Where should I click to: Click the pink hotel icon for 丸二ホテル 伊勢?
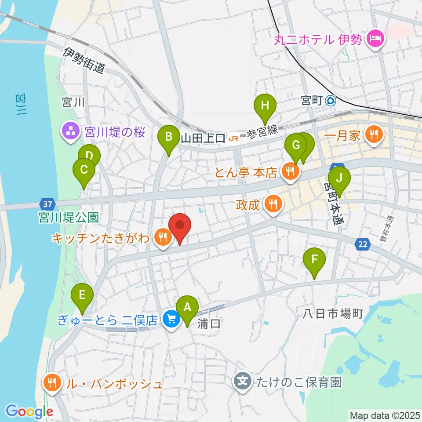375,40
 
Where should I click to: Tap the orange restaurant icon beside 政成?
273,203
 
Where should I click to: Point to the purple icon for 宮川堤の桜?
70,131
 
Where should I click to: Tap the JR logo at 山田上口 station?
234,139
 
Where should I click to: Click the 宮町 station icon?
331,101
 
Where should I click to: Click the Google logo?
29,411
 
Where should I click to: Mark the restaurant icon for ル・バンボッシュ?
52,382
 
